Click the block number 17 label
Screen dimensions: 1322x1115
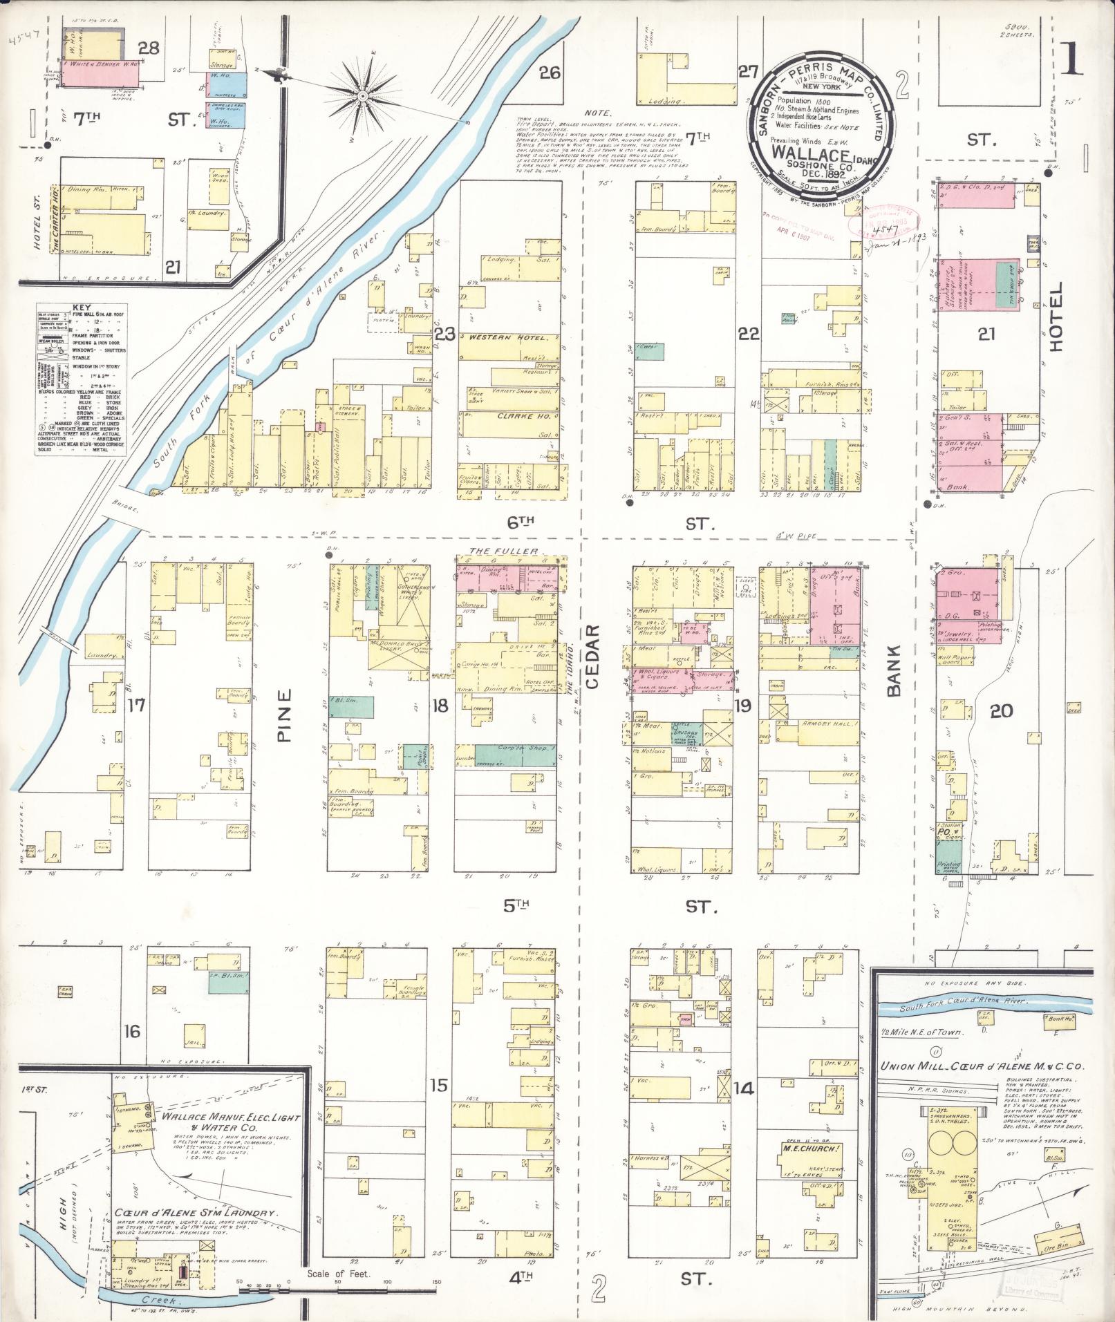tap(136, 705)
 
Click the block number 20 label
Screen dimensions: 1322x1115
tap(1001, 710)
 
